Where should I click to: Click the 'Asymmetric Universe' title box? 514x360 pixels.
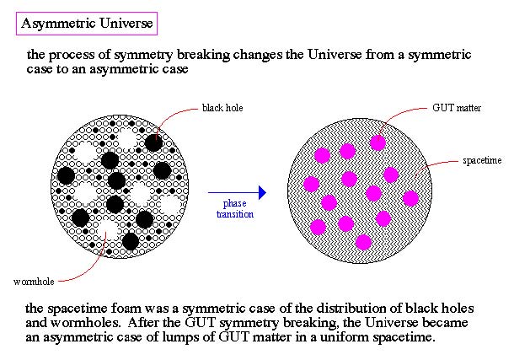(x=87, y=24)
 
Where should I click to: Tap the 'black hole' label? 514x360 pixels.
(x=222, y=108)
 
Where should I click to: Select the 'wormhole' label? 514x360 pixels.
(x=34, y=282)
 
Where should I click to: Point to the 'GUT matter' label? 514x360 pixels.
(x=457, y=108)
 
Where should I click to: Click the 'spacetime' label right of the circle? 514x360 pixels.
(x=482, y=160)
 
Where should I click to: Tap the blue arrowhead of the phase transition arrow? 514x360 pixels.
(x=263, y=192)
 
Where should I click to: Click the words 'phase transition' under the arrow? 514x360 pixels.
(x=235, y=209)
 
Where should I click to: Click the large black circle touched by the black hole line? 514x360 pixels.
(x=153, y=142)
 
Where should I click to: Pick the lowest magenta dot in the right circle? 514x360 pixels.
(x=363, y=243)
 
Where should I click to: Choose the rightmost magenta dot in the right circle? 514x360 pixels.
(x=410, y=198)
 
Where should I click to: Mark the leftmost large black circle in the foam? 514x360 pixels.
(x=66, y=175)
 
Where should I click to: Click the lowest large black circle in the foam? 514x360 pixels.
(x=131, y=241)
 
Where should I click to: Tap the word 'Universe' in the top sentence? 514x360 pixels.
(x=334, y=55)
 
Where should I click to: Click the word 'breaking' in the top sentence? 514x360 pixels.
(x=204, y=55)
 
